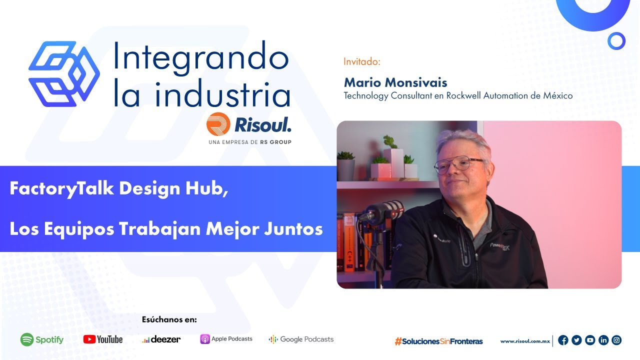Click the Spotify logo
point(42,339)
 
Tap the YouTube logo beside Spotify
point(103,339)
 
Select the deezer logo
point(161,339)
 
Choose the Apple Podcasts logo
point(226,339)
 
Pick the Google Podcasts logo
point(301,339)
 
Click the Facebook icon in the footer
point(563,340)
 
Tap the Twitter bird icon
point(576,340)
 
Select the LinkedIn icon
point(603,340)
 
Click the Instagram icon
point(617,340)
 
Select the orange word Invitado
point(362,62)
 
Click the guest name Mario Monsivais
point(395,82)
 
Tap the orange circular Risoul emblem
point(218,124)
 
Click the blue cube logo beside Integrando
point(64,73)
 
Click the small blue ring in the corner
point(616,41)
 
